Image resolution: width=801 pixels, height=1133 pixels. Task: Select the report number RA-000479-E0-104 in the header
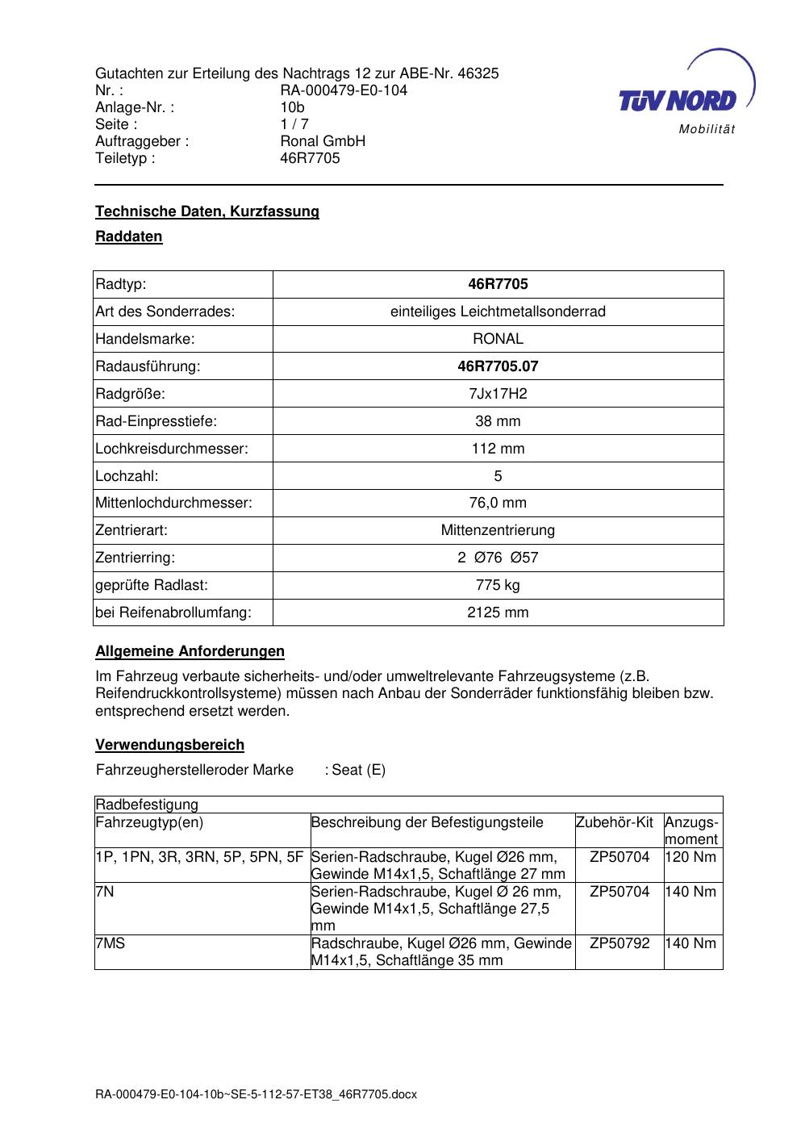coord(343,90)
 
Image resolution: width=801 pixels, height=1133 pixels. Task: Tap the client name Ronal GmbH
coord(323,141)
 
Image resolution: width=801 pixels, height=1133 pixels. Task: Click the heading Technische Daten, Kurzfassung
coord(207,211)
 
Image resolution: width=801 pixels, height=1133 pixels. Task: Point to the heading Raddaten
coord(129,236)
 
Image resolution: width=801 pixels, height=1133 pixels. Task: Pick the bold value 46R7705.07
coord(498,366)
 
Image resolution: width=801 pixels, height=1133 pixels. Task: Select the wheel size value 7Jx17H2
coord(498,394)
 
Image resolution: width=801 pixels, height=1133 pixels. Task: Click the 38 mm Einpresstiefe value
coord(498,421)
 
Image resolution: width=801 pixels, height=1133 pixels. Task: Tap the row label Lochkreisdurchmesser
coord(172,449)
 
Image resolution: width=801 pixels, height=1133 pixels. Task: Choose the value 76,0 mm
coord(498,503)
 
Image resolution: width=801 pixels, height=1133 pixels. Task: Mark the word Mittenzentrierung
coord(498,530)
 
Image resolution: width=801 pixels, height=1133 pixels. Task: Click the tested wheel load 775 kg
coord(498,585)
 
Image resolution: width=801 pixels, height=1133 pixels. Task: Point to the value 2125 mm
coord(498,612)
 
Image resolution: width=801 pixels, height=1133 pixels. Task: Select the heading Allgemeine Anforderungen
coord(190,651)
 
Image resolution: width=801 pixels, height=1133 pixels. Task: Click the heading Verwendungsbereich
coord(169,745)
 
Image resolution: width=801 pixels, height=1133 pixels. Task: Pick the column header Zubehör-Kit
coord(615,822)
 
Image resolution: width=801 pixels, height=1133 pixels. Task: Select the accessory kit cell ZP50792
coord(620,943)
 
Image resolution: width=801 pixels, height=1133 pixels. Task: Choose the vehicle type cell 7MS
coord(111,943)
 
